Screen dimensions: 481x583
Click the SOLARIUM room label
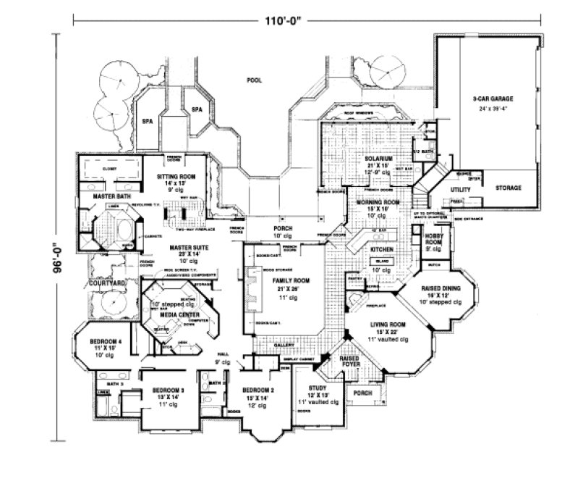pos(379,157)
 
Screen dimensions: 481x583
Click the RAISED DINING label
pos(441,288)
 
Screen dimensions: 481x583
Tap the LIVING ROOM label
pos(386,325)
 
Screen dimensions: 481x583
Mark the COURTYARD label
pos(104,283)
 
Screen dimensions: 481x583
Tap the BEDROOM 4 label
pos(105,341)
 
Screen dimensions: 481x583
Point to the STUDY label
pos(318,388)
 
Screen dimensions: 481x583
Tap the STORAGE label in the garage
pos(508,188)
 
